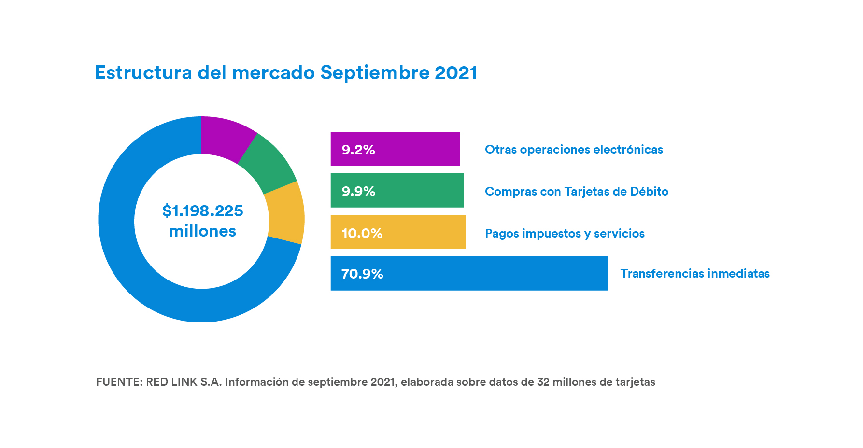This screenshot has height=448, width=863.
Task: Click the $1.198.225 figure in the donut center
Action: tap(202, 211)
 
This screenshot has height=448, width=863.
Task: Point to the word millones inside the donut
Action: tap(202, 231)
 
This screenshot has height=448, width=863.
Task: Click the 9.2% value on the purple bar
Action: tap(358, 150)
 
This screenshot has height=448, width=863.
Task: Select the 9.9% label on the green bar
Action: tap(358, 191)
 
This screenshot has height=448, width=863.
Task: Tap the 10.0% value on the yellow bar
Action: tap(362, 233)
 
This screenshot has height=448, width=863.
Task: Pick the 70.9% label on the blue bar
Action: tap(362, 274)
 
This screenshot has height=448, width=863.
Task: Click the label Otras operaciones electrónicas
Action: tap(574, 150)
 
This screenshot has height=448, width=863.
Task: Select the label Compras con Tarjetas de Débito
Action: tap(576, 192)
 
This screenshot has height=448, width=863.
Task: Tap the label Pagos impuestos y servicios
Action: tap(565, 234)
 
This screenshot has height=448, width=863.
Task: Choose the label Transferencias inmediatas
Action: tap(694, 274)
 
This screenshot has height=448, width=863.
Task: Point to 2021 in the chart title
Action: tap(455, 73)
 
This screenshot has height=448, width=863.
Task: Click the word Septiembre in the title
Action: tap(375, 73)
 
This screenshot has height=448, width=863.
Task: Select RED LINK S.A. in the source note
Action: tap(184, 382)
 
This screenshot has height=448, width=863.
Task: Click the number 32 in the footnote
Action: tap(543, 382)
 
